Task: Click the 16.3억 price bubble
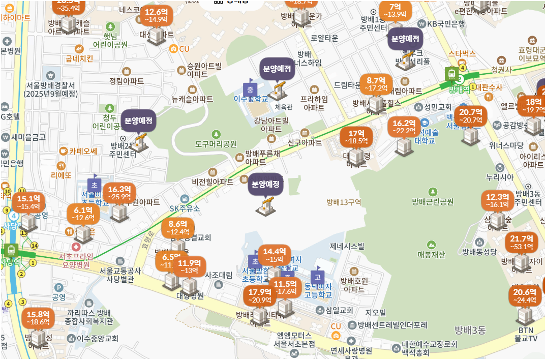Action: point(119,193)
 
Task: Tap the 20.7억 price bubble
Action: point(470,115)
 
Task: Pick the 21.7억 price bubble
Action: point(521,243)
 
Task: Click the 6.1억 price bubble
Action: point(83,214)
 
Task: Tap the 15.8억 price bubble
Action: point(38,318)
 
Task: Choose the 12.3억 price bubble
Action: point(497,200)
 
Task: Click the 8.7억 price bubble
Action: point(376,84)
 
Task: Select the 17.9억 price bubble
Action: point(259,295)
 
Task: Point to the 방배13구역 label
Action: point(344,202)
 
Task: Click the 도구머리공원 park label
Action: point(216,144)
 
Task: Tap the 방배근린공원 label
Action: point(433,201)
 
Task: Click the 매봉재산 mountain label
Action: point(432,254)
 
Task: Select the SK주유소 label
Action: point(185,208)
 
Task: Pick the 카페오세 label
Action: point(83,151)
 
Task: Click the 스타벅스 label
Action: point(462,53)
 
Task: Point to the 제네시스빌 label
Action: point(347,247)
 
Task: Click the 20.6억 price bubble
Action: point(525,295)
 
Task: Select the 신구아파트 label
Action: point(305,142)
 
